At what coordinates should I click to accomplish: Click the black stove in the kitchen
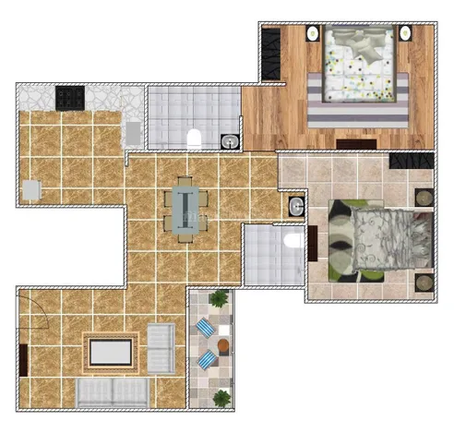69,96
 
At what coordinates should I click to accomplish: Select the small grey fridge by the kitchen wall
31,189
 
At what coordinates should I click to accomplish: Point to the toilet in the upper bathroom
194,139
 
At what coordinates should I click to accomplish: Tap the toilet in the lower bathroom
292,242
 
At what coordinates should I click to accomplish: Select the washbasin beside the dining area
295,207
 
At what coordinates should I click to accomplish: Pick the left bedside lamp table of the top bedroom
312,33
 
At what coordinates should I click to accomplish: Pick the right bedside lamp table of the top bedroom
405,33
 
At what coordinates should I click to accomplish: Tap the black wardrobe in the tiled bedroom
411,162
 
